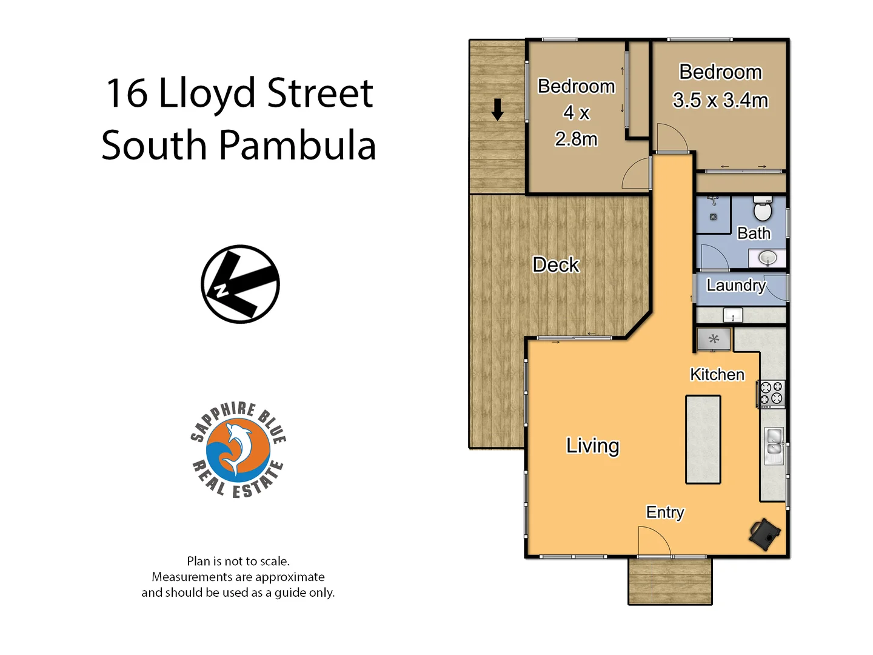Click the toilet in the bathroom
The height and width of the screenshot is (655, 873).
(x=762, y=209)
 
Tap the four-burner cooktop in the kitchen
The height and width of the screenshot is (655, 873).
(x=771, y=393)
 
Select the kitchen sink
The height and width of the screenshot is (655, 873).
(x=774, y=441)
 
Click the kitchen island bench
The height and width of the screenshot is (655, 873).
(x=703, y=439)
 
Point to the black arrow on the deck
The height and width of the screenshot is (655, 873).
(x=498, y=110)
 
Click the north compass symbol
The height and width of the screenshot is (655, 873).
(x=240, y=284)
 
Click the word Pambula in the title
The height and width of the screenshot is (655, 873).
(x=297, y=146)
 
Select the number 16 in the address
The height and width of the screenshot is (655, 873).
(x=126, y=93)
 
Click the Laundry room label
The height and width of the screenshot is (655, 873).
(x=736, y=285)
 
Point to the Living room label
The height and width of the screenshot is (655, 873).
(x=592, y=446)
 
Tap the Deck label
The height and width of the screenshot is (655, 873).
(x=556, y=265)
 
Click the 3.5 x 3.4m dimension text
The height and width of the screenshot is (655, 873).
(x=720, y=100)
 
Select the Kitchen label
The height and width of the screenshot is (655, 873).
(x=717, y=374)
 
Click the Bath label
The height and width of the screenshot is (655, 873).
(x=754, y=233)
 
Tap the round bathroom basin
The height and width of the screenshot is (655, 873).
(x=768, y=258)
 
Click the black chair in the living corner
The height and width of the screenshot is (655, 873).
(x=764, y=534)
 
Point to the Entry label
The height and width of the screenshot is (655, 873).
(x=665, y=512)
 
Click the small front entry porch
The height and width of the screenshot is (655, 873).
(x=670, y=581)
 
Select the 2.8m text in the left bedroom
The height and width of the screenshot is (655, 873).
(x=576, y=139)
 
